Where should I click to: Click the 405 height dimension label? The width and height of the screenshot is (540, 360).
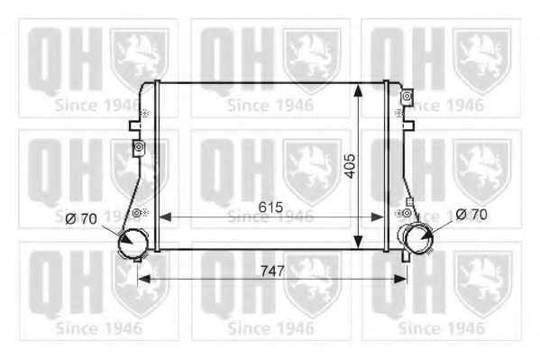351,166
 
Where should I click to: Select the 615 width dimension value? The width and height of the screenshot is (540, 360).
270,208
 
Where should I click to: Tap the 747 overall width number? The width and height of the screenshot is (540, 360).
272,271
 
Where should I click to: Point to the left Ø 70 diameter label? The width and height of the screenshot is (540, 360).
81,218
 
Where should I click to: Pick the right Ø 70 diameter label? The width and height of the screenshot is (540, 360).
471,215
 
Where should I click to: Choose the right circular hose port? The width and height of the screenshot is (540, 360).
418,239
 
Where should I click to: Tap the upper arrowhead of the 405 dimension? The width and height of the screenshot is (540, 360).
359,90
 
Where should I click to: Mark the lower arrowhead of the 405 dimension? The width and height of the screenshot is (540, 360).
359,242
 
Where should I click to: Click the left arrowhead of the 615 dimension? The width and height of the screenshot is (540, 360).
166,217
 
